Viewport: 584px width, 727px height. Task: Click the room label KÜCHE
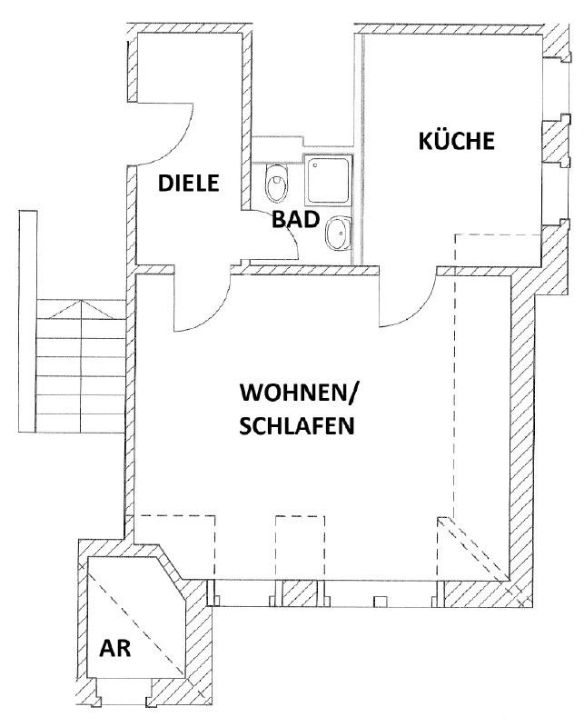[456, 142]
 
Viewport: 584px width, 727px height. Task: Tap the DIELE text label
[190, 182]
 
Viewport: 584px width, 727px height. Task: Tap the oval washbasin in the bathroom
[336, 235]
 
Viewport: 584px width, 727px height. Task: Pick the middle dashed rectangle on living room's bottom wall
[299, 545]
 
